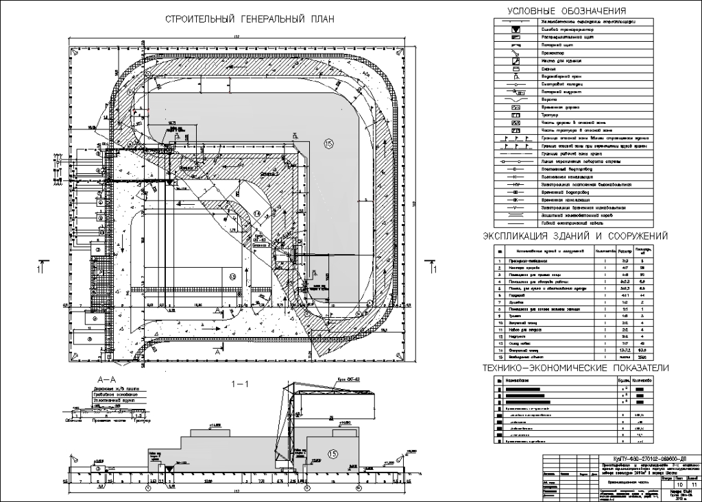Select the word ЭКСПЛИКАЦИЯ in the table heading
tap(513, 236)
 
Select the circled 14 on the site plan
tap(256, 214)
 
